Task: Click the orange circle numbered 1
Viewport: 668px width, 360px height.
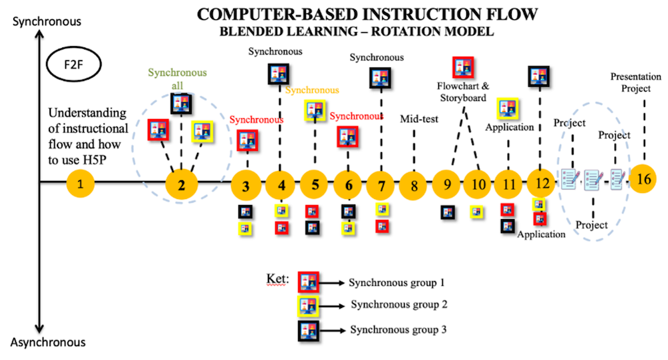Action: tap(81, 184)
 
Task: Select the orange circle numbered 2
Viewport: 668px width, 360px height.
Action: tap(185, 184)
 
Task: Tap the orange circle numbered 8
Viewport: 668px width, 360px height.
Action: tap(414, 186)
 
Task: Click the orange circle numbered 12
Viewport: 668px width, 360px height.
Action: tap(542, 182)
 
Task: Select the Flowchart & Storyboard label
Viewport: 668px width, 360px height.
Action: tap(463, 92)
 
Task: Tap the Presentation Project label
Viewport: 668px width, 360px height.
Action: tap(635, 82)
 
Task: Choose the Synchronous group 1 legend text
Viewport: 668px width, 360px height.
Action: tap(397, 283)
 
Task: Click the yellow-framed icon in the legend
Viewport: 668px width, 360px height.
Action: tap(308, 306)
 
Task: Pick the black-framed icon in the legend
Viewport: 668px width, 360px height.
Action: tap(308, 329)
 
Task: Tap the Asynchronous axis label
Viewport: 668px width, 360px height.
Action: tap(48, 342)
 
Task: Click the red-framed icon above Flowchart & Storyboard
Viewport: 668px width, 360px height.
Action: tap(463, 67)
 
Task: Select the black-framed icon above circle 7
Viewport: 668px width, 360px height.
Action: tap(381, 78)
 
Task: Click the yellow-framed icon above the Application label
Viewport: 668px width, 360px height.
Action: tap(508, 108)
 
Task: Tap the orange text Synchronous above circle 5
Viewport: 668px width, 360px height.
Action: tap(312, 89)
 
